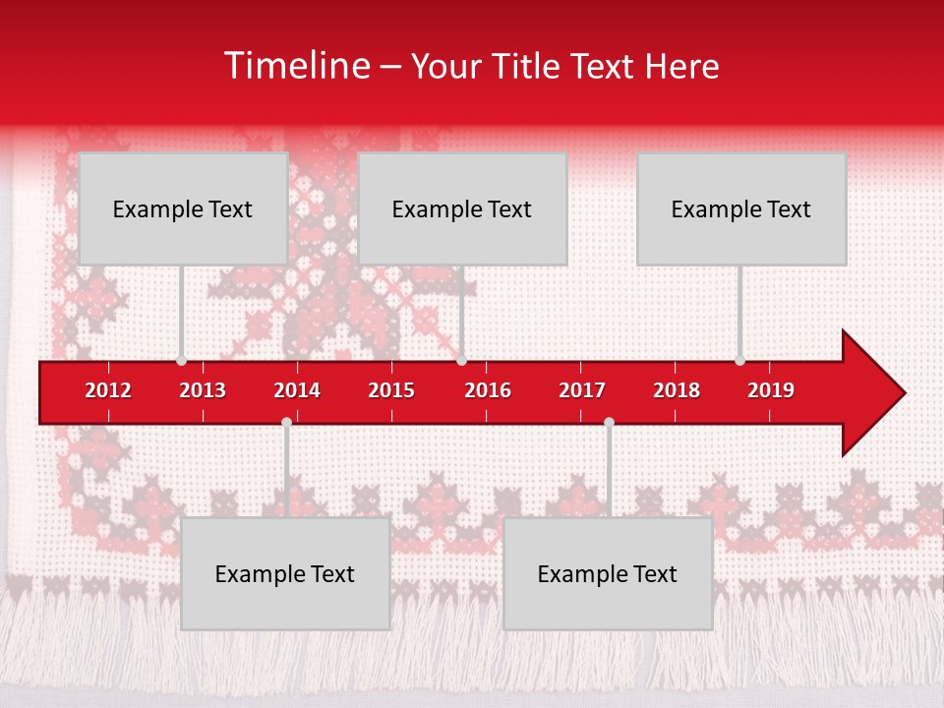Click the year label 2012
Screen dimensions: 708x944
point(108,390)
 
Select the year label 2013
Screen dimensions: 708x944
point(203,390)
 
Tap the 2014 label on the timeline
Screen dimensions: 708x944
point(297,390)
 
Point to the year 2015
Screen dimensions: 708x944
point(391,390)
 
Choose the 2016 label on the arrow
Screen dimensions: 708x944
point(488,390)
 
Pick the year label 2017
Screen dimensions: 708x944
point(582,390)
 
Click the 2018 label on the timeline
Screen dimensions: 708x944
point(677,390)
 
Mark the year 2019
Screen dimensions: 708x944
point(771,390)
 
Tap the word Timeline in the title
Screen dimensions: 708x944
point(296,66)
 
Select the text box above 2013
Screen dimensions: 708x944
point(183,208)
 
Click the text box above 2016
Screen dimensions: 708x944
point(462,208)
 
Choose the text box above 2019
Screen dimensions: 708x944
point(741,208)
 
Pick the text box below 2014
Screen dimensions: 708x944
point(285,573)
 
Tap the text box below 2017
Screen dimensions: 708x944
point(608,573)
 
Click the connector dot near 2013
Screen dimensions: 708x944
point(181,361)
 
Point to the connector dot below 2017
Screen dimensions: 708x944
point(609,422)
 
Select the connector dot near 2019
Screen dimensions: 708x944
point(739,361)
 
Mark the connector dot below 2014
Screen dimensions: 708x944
point(286,422)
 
